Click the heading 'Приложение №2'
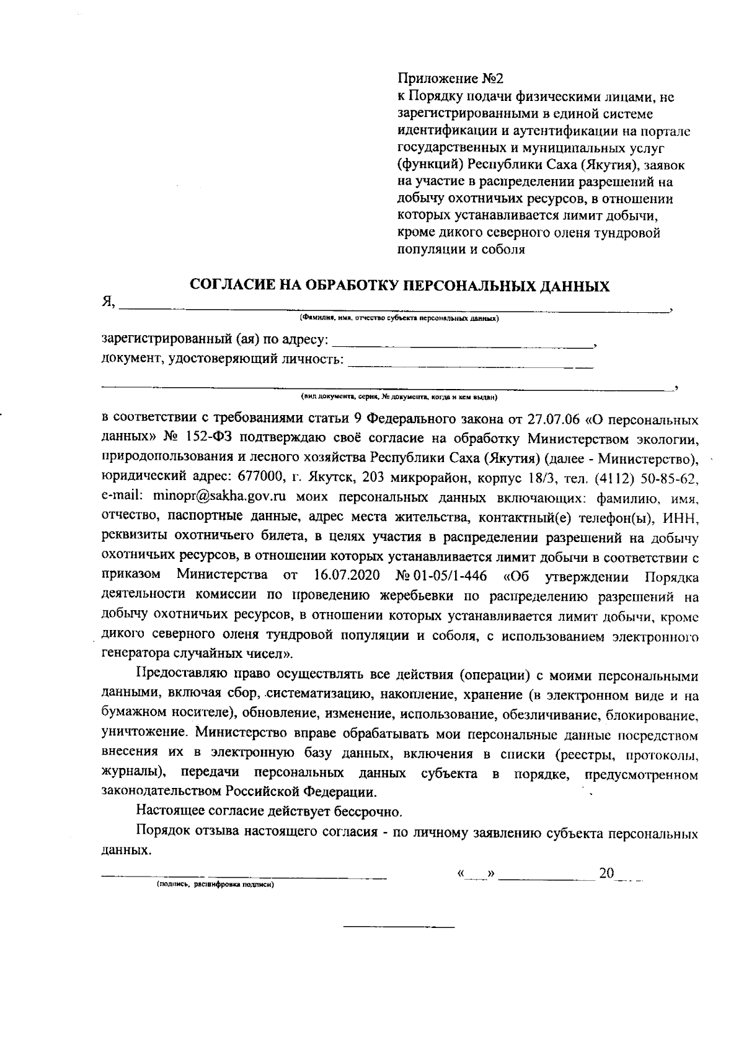tap(450, 80)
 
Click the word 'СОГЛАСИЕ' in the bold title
tap(231, 286)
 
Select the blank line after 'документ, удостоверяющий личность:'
tap(471, 361)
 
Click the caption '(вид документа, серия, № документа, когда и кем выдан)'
tap(400, 396)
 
